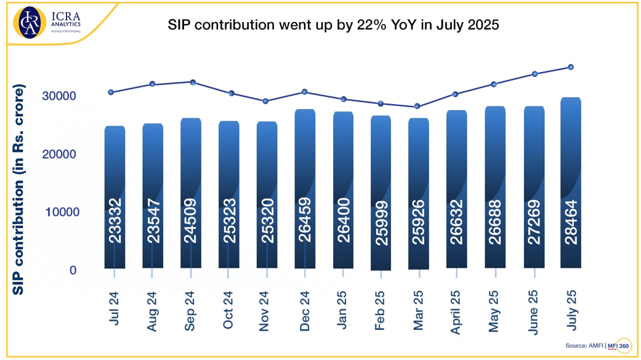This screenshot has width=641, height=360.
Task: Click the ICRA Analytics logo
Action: (x=50, y=23)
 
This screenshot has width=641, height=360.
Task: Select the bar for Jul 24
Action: (x=115, y=197)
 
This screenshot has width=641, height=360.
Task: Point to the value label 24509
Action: (x=190, y=220)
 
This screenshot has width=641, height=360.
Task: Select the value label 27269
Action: (x=533, y=221)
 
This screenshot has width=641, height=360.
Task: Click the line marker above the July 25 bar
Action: (x=571, y=67)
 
